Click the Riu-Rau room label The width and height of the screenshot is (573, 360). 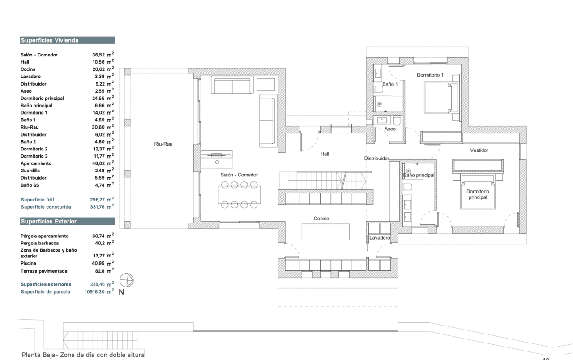tap(163, 144)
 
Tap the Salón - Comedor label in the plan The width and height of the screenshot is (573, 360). tap(239, 175)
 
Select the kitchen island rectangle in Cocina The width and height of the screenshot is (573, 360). tap(325, 232)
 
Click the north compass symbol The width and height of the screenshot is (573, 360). tap(126, 280)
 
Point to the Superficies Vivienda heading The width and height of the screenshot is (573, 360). tap(50, 40)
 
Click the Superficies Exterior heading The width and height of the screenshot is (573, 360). tap(49, 221)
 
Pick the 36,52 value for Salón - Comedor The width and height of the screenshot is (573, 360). tap(98, 55)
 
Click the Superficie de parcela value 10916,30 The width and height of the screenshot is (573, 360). tap(94, 291)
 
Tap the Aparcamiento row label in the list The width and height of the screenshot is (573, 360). tap(36, 163)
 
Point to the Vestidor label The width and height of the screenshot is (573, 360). tap(479, 150)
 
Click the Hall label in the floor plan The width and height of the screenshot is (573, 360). tap(325, 154)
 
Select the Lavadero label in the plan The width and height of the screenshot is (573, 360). tap(380, 238)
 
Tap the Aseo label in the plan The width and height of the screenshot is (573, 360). tap(390, 129)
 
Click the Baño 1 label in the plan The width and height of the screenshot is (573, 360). tap(390, 84)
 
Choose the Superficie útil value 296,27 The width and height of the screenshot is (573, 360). tap(98, 200)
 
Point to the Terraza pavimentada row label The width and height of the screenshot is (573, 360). tap(44, 271)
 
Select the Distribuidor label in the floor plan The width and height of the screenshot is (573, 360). tap(376, 159)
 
